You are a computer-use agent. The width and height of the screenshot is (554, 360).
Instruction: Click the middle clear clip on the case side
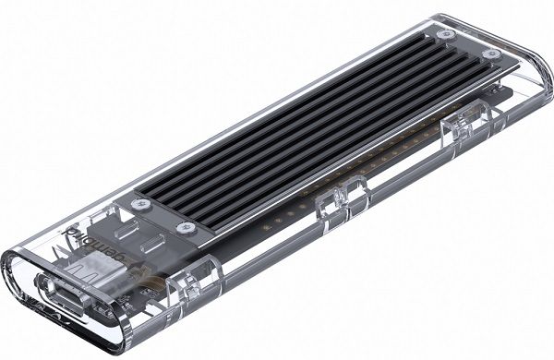coord(344,205)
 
